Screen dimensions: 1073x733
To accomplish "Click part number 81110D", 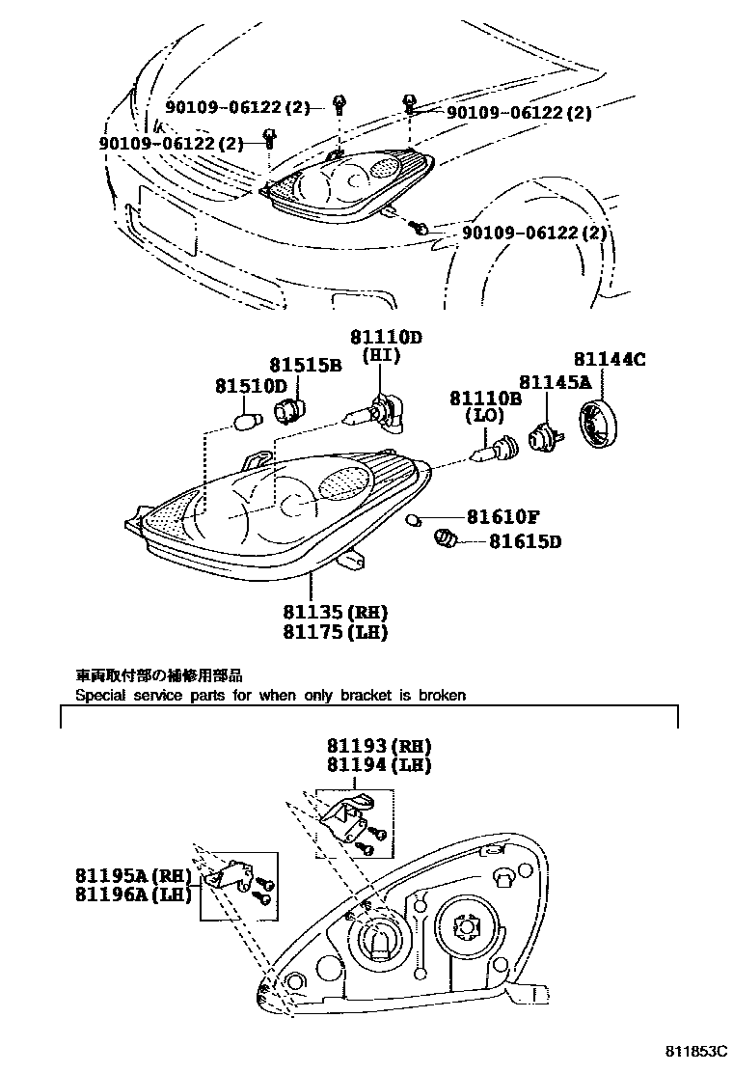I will point(386,337).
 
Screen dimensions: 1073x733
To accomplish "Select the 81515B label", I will point(305,366).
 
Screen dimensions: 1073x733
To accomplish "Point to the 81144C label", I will point(610,360).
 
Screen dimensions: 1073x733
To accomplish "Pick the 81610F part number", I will point(502,518).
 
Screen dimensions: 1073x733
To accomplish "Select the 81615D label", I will point(524,541).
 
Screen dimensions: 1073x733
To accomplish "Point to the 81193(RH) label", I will point(377,746).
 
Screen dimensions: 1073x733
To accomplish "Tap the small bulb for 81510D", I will point(249,422).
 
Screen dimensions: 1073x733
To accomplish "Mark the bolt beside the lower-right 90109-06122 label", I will point(421,229).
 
